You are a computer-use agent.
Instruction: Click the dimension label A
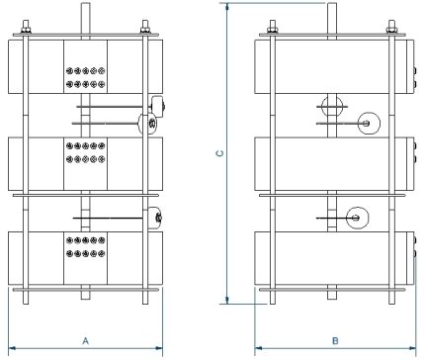coord(85,340)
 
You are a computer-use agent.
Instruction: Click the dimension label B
coord(335,340)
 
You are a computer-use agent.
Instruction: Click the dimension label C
coord(220,153)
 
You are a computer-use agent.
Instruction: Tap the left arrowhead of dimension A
coord(13,347)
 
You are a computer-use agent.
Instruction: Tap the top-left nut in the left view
coord(27,27)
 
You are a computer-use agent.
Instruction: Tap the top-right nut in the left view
coord(145,27)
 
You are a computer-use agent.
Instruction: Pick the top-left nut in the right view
coord(273,27)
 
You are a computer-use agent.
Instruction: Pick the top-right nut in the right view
coord(395,27)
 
